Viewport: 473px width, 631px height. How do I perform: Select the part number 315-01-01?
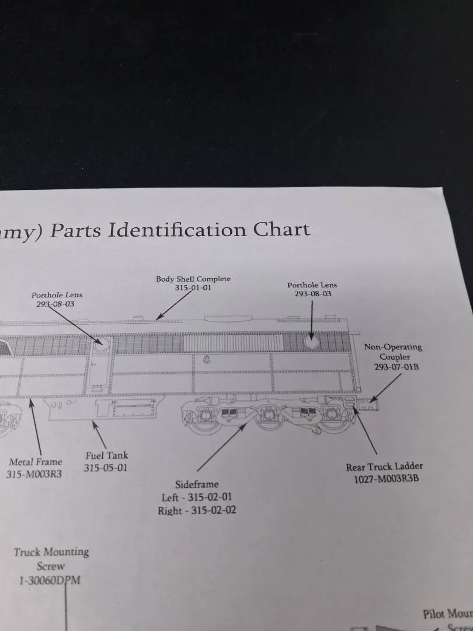click(x=193, y=287)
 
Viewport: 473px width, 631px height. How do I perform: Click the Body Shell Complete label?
click(x=193, y=279)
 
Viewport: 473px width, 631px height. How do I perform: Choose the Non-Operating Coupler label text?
click(x=393, y=352)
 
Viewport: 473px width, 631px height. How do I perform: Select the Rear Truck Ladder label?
click(x=384, y=466)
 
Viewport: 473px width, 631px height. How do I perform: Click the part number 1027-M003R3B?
click(x=387, y=479)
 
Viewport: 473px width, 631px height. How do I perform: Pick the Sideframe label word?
click(x=196, y=484)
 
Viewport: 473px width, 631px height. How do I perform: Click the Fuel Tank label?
click(x=106, y=455)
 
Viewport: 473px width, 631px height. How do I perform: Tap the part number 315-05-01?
click(x=105, y=467)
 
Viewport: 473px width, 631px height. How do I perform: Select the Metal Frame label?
click(x=36, y=462)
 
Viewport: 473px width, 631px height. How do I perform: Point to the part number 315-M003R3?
click(x=34, y=474)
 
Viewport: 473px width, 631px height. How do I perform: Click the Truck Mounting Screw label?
click(x=51, y=559)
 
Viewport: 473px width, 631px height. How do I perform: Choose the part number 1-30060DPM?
click(x=50, y=580)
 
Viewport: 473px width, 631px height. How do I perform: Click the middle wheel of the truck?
click(x=269, y=417)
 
